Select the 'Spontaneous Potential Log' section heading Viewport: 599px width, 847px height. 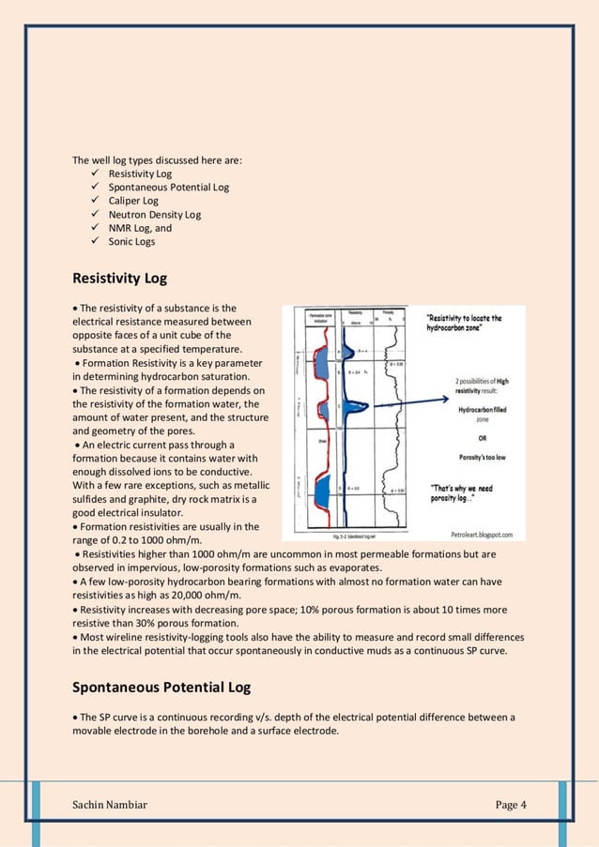click(x=161, y=688)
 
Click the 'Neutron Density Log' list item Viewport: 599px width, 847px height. click(x=154, y=215)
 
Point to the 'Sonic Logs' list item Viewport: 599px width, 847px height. click(x=131, y=242)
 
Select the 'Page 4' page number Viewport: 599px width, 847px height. click(x=511, y=805)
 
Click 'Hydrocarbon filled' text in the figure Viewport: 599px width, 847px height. click(x=483, y=410)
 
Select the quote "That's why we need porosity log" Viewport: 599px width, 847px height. click(x=464, y=492)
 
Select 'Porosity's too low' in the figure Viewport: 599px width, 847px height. click(x=482, y=457)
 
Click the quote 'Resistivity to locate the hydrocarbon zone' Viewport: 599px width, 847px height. click(x=464, y=324)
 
